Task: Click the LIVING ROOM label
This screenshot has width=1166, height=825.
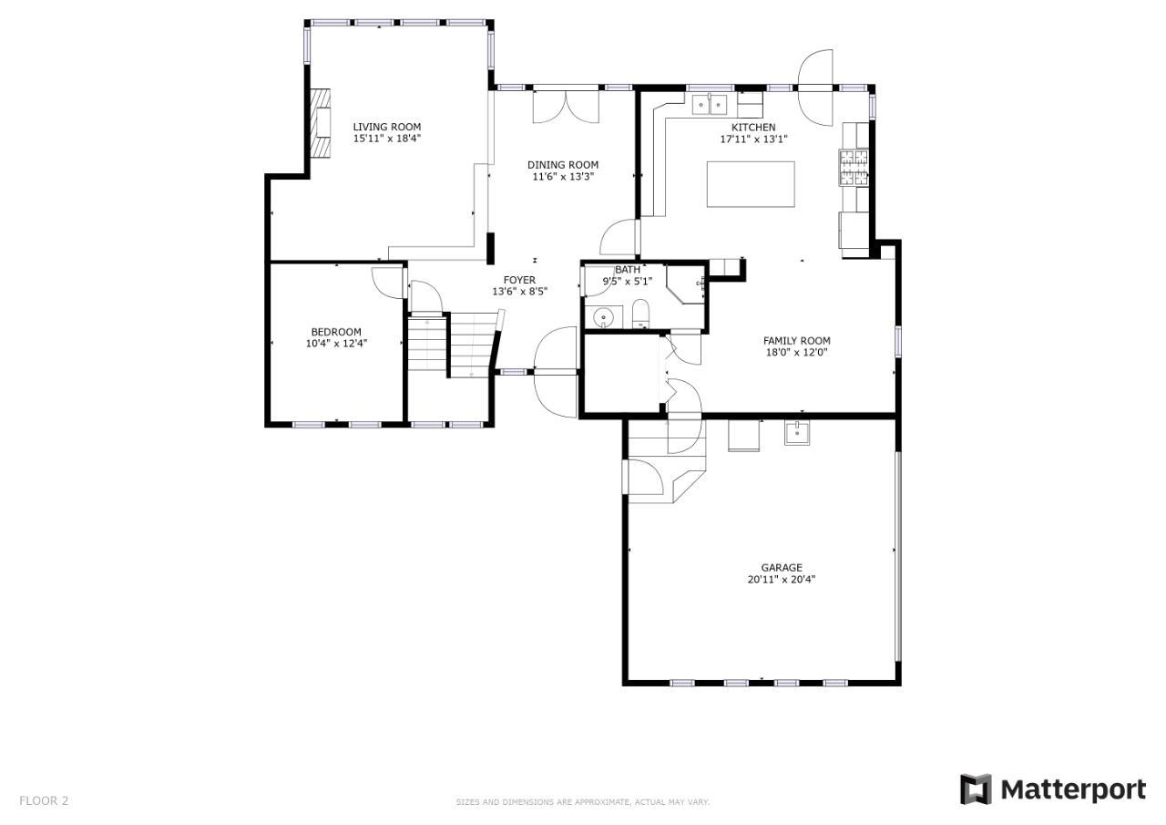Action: (387, 127)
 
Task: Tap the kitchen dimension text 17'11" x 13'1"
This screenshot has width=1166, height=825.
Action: (753, 139)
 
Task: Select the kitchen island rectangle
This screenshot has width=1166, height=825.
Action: (751, 184)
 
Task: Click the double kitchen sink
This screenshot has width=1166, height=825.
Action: (710, 105)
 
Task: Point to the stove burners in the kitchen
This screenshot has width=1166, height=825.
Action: (854, 167)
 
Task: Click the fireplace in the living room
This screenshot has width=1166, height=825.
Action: (320, 123)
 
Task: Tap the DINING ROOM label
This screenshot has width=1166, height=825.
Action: (563, 165)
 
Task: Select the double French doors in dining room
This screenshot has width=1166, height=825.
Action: (566, 107)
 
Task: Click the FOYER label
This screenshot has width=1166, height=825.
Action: (519, 280)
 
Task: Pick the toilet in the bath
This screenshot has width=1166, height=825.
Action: (640, 314)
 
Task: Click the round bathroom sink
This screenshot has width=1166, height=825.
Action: (604, 316)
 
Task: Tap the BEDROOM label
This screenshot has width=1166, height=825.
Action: (336, 332)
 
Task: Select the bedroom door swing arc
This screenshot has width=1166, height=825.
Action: (387, 283)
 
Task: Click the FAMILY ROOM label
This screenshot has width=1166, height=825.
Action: (796, 341)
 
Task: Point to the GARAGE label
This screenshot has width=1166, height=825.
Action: (782, 567)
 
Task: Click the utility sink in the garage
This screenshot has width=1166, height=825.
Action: (797, 433)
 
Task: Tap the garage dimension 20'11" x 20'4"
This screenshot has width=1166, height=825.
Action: (782, 579)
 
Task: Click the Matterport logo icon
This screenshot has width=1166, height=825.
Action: (976, 789)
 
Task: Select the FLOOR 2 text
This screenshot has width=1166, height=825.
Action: (44, 800)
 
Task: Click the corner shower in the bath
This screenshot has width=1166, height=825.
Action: (685, 284)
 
